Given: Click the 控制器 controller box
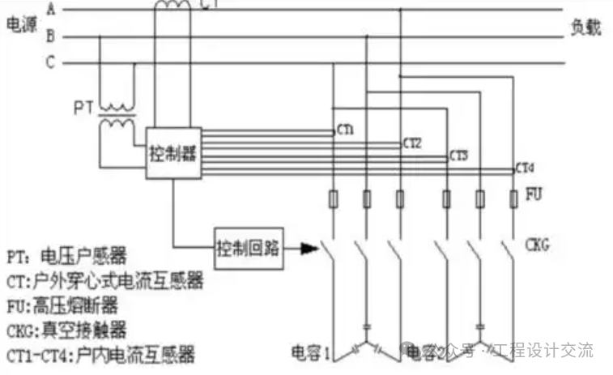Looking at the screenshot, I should click(x=172, y=153).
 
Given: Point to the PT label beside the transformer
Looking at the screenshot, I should click(x=83, y=108).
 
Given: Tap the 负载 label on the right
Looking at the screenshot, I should click(x=585, y=28).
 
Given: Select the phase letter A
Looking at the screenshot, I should click(x=50, y=11).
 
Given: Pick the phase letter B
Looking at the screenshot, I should click(x=50, y=37).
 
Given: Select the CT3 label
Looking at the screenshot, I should click(x=458, y=155).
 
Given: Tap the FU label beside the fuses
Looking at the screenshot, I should click(x=534, y=196).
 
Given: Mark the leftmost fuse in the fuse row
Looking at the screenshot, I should click(x=333, y=198).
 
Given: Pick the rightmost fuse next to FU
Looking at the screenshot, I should click(x=513, y=198).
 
